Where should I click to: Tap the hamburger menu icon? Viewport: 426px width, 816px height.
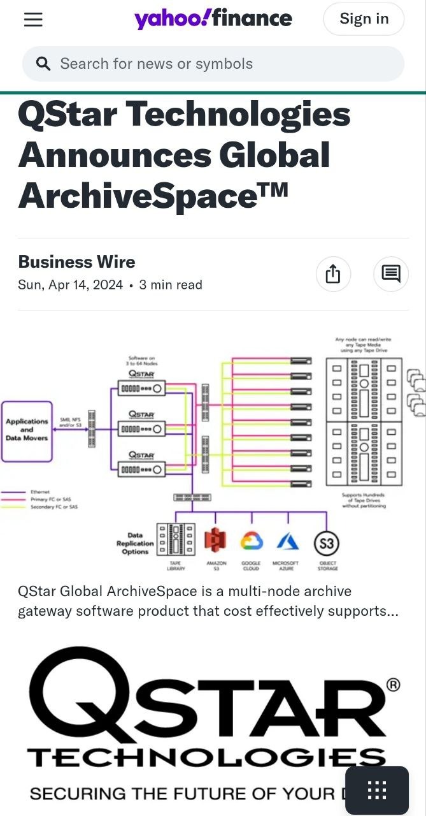click(33, 20)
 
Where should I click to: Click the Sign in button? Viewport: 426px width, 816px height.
click(364, 19)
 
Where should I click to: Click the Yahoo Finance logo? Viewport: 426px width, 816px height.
click(213, 19)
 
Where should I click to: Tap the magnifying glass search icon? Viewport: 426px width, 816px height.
click(43, 64)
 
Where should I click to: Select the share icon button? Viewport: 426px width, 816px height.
click(333, 274)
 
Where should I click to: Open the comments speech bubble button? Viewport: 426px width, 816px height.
click(391, 274)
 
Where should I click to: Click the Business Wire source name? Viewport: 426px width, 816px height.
click(76, 262)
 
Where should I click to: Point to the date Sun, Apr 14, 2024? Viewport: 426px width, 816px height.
click(71, 285)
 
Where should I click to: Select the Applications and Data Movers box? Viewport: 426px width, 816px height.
click(27, 431)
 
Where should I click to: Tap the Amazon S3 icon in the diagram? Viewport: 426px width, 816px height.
click(215, 541)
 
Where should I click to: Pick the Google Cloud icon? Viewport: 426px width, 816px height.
click(252, 541)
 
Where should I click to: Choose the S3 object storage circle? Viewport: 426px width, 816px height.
click(327, 544)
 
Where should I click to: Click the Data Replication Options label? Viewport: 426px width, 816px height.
click(135, 543)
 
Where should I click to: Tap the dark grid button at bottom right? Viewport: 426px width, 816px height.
click(377, 790)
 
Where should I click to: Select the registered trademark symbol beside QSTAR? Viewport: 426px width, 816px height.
click(394, 685)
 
